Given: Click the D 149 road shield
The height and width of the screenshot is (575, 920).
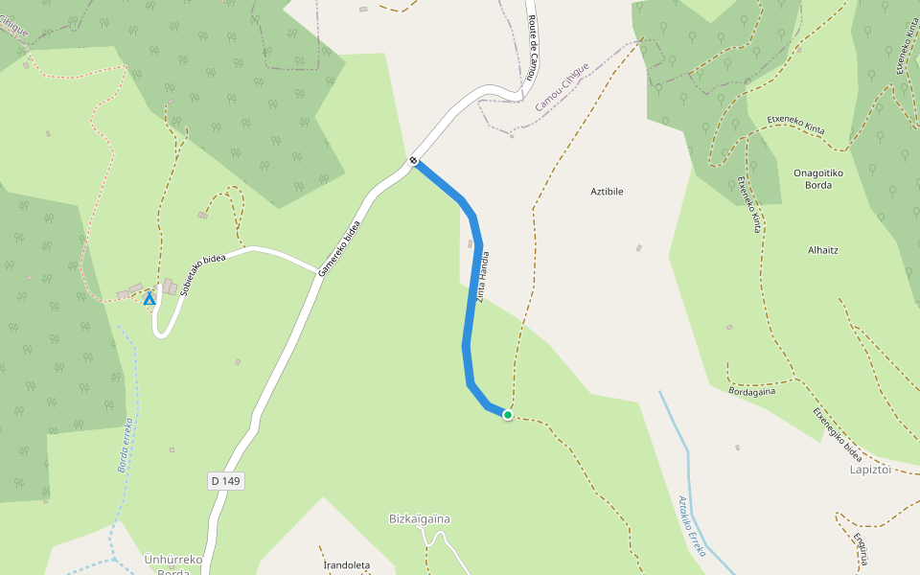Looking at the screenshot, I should click(225, 481).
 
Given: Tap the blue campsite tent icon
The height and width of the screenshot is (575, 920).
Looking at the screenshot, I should click(149, 299).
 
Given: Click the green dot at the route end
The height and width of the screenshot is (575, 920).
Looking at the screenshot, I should click(508, 415).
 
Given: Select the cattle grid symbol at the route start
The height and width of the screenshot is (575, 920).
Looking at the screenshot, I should click(413, 160).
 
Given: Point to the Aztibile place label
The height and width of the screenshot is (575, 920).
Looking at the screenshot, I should click(607, 192).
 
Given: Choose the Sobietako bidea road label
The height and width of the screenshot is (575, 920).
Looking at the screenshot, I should click(202, 274).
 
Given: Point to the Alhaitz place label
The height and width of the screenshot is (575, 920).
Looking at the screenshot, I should click(823, 250).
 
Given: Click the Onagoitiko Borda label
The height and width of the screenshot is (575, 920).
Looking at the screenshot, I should click(813, 178).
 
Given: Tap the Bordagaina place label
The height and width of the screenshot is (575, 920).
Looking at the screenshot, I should click(752, 391).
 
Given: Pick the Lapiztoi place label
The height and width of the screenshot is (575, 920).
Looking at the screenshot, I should click(871, 470).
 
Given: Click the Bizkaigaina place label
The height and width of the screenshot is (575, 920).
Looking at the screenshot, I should click(420, 519).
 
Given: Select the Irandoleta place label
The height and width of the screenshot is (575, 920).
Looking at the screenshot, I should click(345, 565).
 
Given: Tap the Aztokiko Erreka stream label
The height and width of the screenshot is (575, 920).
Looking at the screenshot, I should click(692, 526).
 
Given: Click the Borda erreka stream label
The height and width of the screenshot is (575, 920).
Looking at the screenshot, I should click(124, 446).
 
